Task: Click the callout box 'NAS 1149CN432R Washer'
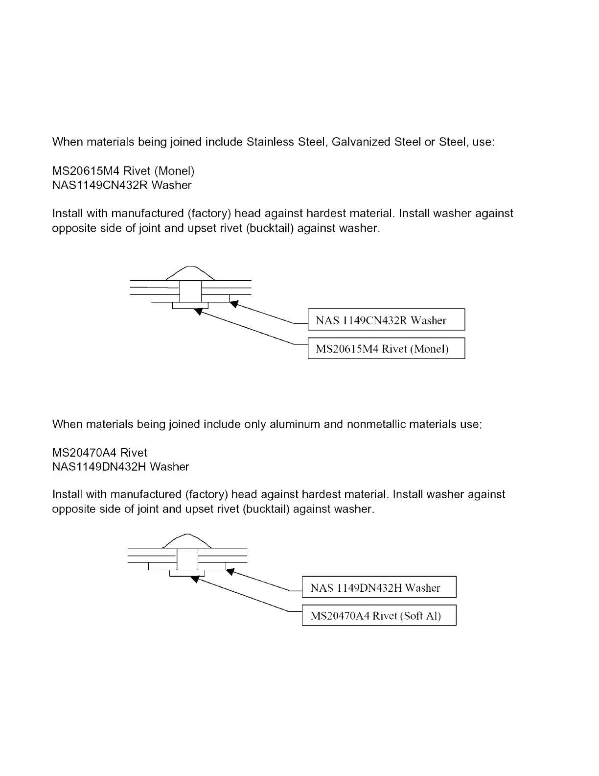386,320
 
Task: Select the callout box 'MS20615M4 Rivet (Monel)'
386,348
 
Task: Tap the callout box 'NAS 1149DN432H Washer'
379,587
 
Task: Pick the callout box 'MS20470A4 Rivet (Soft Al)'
379,615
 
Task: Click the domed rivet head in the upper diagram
190,274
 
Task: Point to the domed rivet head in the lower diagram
186,541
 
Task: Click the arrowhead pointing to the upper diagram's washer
234,304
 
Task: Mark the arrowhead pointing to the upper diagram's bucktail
198,311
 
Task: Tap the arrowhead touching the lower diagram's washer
230,571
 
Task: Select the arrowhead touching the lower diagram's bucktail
195,579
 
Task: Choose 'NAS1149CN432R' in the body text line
100,185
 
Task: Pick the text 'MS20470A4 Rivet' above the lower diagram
99,453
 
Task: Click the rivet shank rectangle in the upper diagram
190,291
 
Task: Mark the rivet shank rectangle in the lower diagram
187,559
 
